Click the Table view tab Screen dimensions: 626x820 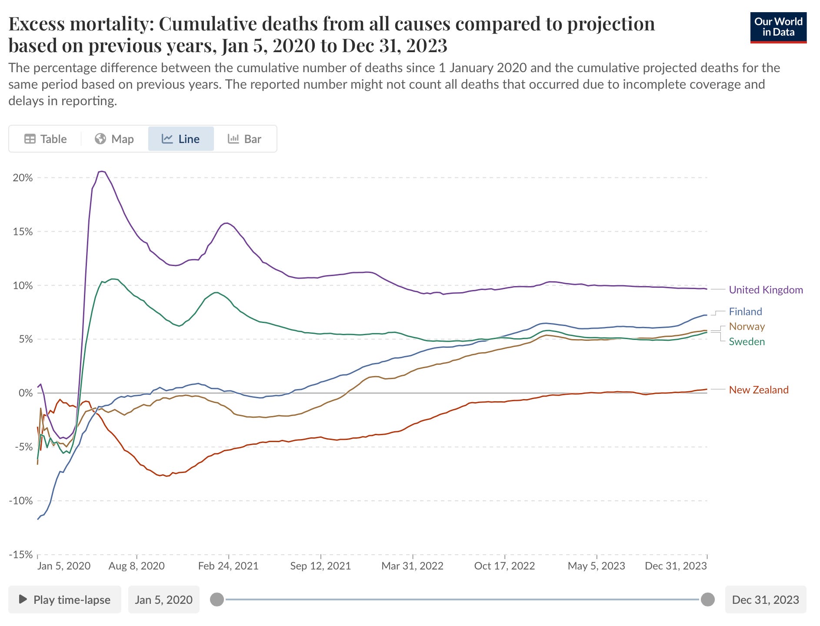tap(46, 139)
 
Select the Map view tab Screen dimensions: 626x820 tap(114, 139)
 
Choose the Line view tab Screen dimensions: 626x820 tap(181, 139)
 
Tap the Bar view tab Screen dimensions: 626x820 tap(244, 139)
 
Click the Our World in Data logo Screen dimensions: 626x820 tap(778, 27)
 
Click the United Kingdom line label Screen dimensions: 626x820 tap(766, 290)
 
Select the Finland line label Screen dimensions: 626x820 tap(745, 312)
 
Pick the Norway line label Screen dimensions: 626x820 tap(747, 326)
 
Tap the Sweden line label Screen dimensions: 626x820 tap(747, 342)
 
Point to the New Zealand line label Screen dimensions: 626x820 tap(758, 390)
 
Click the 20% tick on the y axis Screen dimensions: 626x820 tap(23, 178)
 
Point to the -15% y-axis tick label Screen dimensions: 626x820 tap(21, 555)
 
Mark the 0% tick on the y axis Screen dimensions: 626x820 tap(25, 393)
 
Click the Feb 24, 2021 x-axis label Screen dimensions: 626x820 tap(228, 566)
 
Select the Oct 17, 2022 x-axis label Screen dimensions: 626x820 tap(504, 566)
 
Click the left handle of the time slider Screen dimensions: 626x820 tap(217, 599)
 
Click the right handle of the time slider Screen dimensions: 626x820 tap(708, 599)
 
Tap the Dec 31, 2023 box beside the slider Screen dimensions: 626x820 tap(765, 600)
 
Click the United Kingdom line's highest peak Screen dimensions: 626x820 tap(102, 171)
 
